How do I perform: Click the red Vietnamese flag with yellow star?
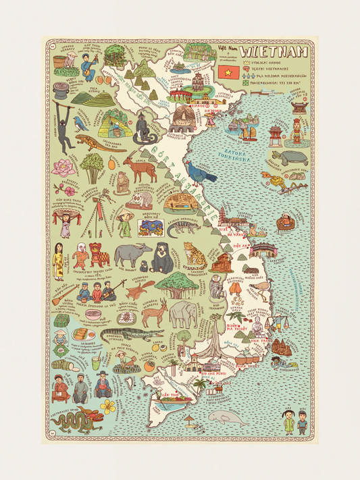pyautogui.click(x=226, y=70)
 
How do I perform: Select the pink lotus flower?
pyautogui.click(x=64, y=167)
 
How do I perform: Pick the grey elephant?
pyautogui.click(x=183, y=314)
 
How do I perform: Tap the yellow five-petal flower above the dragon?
pyautogui.click(x=108, y=405)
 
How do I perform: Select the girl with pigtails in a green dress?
pyautogui.click(x=288, y=421)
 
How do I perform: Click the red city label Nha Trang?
pyautogui.click(x=256, y=342)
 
